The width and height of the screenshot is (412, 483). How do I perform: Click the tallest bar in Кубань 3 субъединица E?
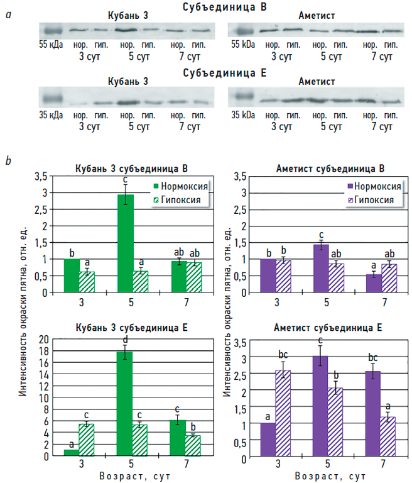124,403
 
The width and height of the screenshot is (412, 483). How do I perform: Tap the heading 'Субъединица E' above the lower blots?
225,73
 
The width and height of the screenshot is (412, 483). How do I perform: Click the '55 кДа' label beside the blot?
51,46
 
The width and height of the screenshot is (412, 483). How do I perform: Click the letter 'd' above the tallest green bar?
125,340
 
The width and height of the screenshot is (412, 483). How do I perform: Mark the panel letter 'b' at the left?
8,161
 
